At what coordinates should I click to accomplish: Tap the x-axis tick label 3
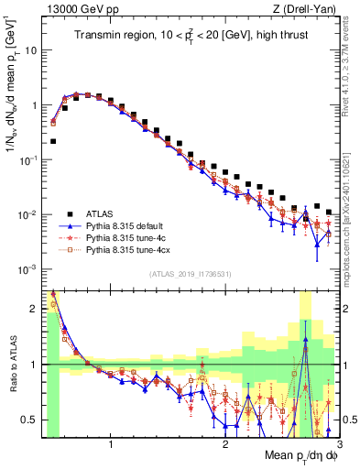click(x=339, y=441)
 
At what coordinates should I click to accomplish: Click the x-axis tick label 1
click(x=111, y=441)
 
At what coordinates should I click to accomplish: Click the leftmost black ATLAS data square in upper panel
click(x=53, y=141)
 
